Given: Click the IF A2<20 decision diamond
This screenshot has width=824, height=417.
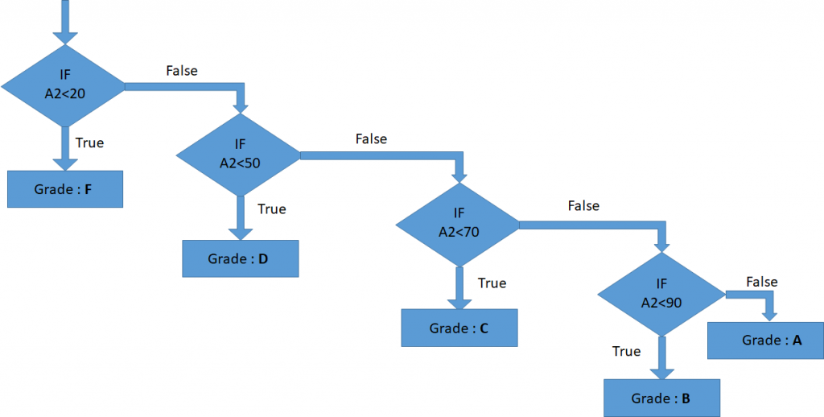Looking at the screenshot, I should tap(64, 85).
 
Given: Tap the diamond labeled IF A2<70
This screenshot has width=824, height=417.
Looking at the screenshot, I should tap(458, 222).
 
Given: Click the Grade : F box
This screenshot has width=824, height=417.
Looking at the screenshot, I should tap(65, 190).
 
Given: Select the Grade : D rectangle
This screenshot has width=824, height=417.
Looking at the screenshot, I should tap(241, 259).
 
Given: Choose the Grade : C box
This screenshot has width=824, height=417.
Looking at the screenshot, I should tap(459, 328).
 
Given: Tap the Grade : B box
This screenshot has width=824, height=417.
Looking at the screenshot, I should tap(661, 398).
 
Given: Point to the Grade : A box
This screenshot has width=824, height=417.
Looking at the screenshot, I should tap(764, 341).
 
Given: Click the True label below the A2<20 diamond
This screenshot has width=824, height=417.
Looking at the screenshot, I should tap(89, 142).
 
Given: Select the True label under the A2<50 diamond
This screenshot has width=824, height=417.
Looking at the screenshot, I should tap(271, 209).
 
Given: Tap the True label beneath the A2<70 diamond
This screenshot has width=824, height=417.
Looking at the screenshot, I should tap(492, 283).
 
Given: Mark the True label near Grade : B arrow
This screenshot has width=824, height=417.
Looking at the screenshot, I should tap(626, 352).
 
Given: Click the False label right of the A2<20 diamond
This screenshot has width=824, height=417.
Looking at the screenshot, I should tap(182, 71).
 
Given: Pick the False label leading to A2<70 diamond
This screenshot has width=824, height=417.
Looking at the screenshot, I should tap(371, 139).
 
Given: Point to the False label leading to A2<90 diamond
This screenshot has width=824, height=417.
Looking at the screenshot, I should tap(583, 206).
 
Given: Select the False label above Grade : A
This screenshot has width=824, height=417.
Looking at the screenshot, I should tap(761, 282).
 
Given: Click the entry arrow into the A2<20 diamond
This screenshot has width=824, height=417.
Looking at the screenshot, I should tap(64, 24).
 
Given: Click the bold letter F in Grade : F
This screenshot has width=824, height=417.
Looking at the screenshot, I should tap(89, 190).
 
